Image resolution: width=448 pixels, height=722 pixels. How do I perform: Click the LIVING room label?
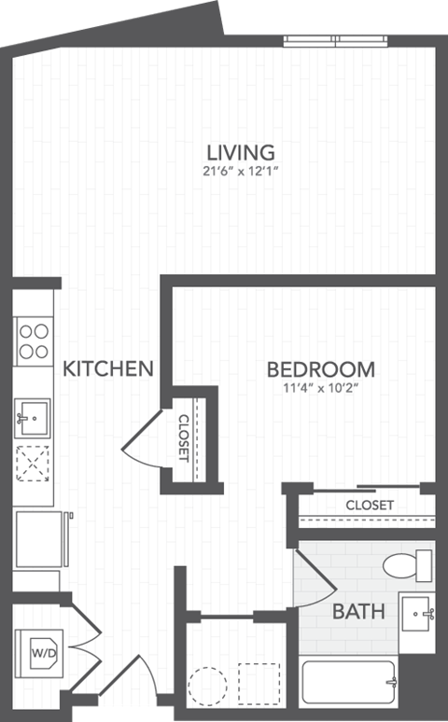[240, 151]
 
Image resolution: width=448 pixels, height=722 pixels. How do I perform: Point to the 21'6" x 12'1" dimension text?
[241, 171]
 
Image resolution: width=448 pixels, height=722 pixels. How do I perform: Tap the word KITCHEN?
[108, 368]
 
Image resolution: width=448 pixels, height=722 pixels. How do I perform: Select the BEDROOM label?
[320, 368]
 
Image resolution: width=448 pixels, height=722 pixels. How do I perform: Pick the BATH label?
[358, 612]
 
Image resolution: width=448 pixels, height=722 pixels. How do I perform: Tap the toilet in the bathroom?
[408, 565]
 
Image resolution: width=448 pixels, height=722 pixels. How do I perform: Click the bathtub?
[348, 685]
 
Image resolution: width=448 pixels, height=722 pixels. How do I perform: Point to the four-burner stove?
[35, 340]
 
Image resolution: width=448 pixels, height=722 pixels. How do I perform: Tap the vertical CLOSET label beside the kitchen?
[183, 438]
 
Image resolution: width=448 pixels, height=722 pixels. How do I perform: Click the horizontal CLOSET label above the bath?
[370, 506]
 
